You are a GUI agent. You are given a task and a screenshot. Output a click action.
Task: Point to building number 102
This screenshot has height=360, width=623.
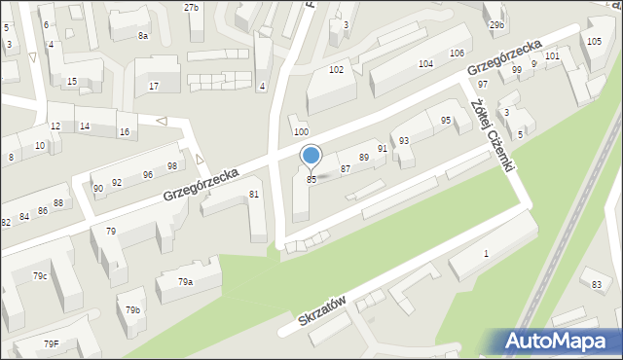tap(336, 70)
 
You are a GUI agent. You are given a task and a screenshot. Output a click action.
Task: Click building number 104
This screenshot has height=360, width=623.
tap(425, 63)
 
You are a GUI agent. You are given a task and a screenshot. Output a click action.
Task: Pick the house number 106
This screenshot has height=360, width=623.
tap(456, 53)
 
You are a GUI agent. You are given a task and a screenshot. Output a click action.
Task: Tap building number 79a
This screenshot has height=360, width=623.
tap(185, 282)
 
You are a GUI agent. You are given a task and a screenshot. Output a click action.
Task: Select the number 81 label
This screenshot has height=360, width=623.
tap(254, 195)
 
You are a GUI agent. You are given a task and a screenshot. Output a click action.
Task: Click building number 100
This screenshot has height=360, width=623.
tap(301, 131)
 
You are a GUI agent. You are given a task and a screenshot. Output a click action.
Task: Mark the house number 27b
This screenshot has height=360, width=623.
tap(192, 8)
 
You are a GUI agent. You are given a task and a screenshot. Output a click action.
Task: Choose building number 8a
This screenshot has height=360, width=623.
tap(142, 36)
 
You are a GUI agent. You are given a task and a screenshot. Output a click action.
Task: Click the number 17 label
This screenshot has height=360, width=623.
tap(153, 87)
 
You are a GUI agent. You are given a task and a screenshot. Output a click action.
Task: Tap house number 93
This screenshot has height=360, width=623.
tap(403, 141)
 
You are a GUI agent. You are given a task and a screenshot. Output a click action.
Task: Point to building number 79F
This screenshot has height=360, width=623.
tap(51, 344)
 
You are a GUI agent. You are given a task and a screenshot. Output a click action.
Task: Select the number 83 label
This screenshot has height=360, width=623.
tap(597, 284)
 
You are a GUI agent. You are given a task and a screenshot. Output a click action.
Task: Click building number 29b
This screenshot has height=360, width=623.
tap(496, 25)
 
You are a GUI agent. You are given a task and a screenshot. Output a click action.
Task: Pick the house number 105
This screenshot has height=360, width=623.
tap(594, 41)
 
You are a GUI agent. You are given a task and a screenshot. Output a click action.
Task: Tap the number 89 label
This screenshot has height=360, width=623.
tap(364, 157)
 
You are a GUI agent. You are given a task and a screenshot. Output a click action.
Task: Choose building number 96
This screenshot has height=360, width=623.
tap(147, 175)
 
